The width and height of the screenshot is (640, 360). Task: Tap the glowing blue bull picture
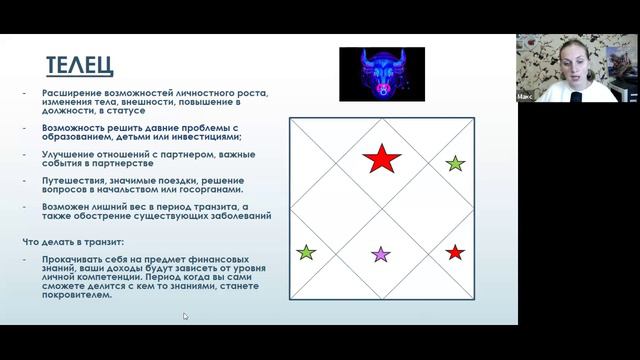[381, 73]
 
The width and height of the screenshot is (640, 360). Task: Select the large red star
[381, 158]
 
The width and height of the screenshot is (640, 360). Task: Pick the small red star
[455, 253]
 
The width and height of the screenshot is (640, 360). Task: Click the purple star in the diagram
[381, 254]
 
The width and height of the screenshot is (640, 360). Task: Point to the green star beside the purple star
[306, 253]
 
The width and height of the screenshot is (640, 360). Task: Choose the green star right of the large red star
[455, 163]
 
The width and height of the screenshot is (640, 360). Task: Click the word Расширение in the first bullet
[69, 94]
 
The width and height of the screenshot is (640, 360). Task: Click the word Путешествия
[70, 180]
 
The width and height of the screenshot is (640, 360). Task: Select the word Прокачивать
[69, 260]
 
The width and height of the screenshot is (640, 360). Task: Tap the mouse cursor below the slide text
[185, 316]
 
